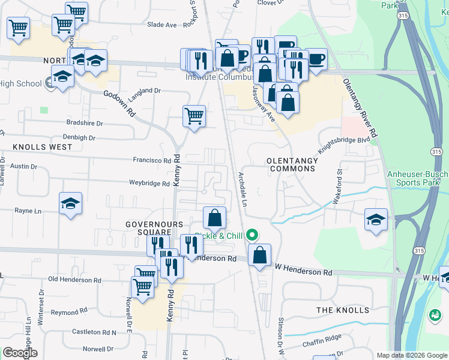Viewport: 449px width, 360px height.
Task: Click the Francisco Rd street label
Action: (152, 161)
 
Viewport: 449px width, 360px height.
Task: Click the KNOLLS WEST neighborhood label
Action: (37, 146)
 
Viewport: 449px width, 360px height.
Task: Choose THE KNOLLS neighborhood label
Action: (343, 310)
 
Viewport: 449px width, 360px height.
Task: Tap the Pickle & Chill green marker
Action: (253, 235)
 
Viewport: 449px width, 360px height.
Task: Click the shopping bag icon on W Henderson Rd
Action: (259, 255)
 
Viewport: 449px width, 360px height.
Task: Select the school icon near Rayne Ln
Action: (70, 204)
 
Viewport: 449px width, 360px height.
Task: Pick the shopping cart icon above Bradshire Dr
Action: (194, 116)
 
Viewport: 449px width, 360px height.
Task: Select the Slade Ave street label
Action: (162, 25)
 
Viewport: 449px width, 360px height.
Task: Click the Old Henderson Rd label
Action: (75, 280)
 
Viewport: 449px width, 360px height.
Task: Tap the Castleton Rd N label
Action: (94, 332)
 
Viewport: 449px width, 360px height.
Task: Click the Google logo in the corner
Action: (20, 353)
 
